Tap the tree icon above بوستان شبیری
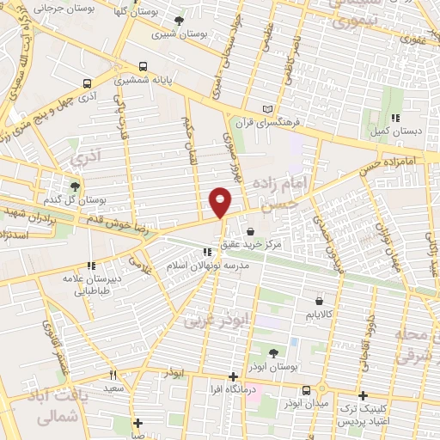(x=179, y=21)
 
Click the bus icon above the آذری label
(x=87, y=83)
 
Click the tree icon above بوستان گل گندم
(x=75, y=185)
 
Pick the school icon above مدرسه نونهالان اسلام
(x=206, y=252)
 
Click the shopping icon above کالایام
(x=320, y=302)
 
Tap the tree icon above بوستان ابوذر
(x=273, y=352)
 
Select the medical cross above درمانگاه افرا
(x=233, y=376)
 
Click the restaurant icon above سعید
(x=113, y=375)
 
